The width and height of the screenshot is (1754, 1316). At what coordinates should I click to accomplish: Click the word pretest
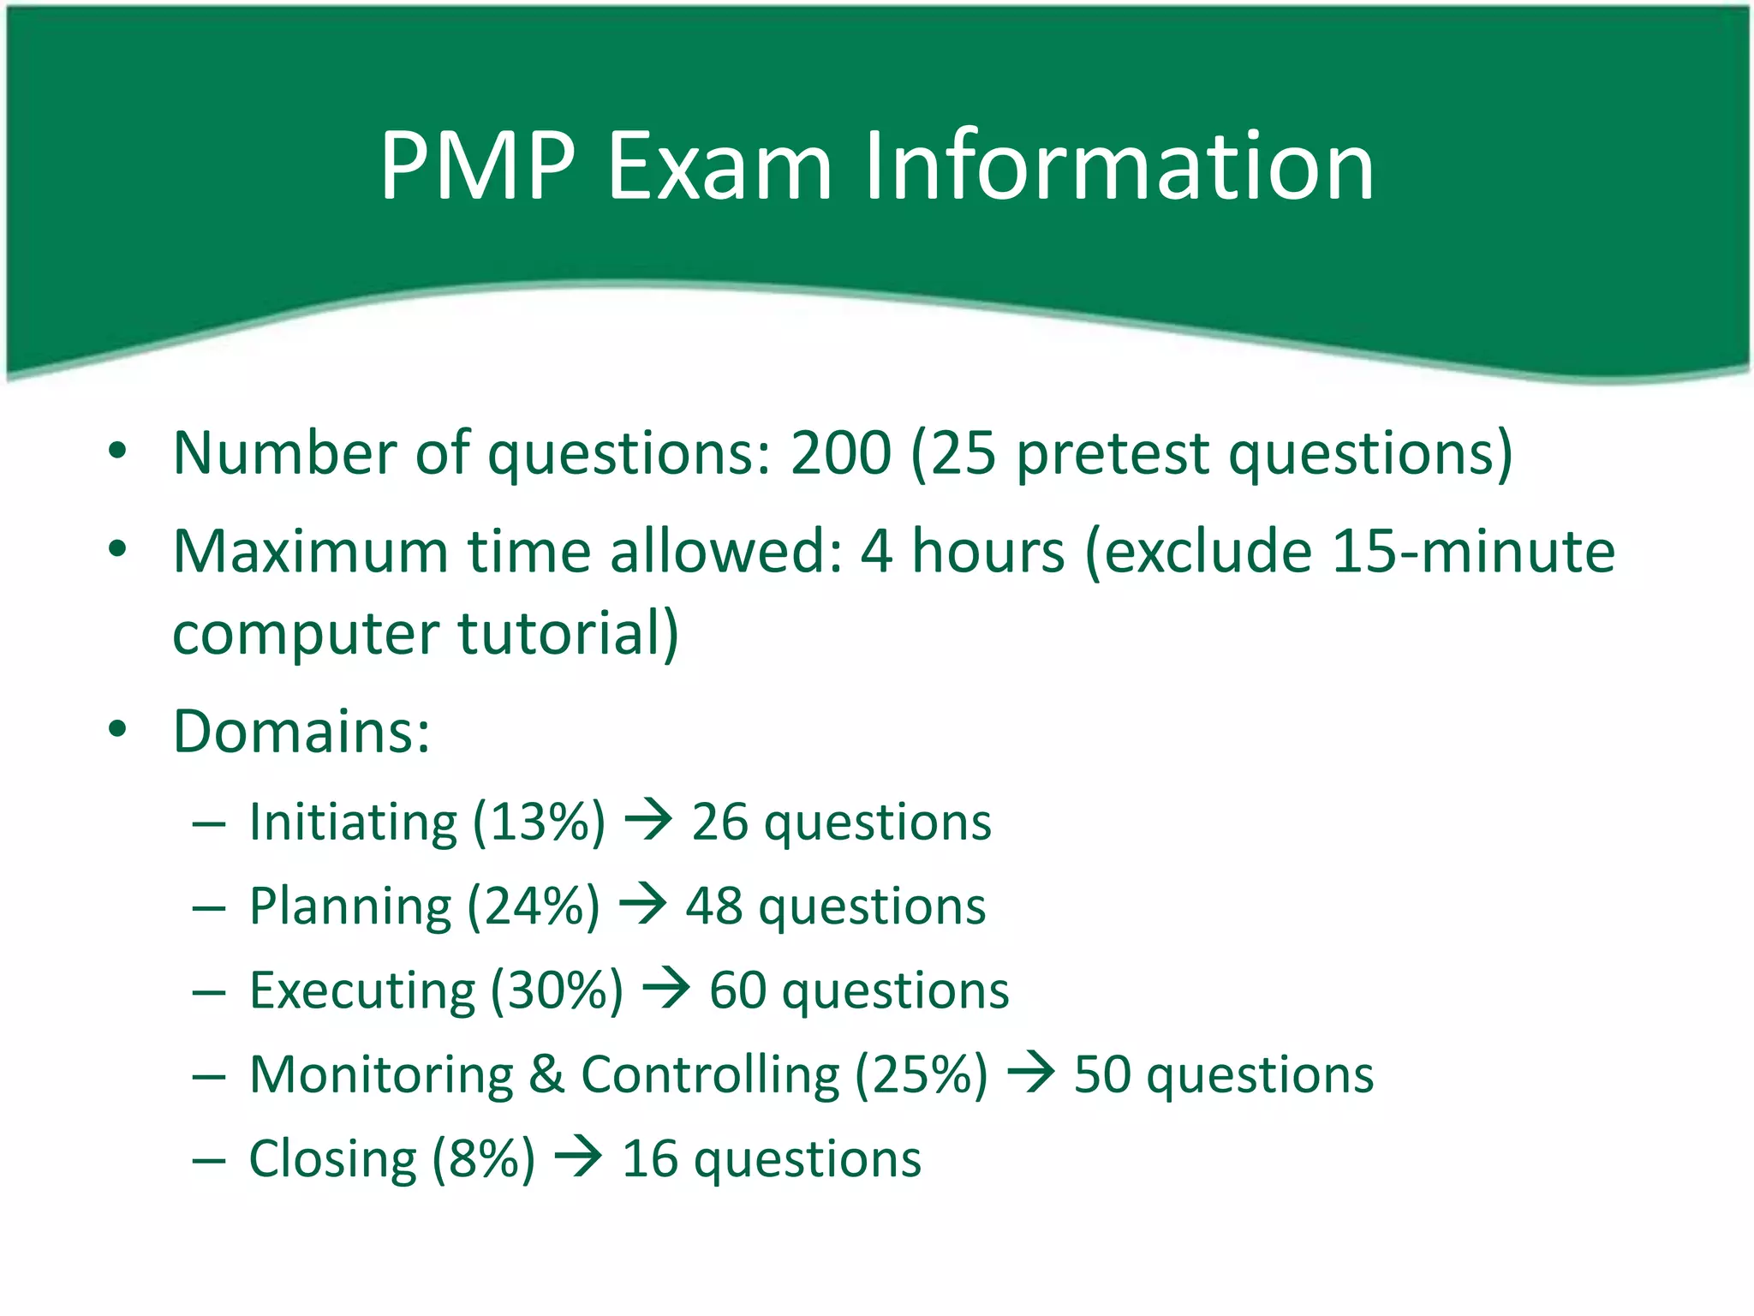coord(1112,454)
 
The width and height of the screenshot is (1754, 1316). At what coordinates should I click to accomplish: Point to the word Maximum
coord(310,551)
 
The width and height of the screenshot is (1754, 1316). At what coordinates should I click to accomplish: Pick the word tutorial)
coord(568,634)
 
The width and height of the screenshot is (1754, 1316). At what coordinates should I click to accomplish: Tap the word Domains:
coord(301,732)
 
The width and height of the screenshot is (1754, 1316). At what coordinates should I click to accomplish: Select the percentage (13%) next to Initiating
coord(539,822)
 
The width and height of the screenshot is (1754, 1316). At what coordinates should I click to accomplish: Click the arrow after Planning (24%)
coord(642,905)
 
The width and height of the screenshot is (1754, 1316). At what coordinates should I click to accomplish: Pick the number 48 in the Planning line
coord(713,906)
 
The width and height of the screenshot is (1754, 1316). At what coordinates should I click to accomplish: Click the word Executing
coord(361,991)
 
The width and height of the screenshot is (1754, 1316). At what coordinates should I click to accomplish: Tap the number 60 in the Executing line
coord(737,991)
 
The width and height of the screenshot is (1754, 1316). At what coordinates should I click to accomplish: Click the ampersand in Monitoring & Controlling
coord(546,1074)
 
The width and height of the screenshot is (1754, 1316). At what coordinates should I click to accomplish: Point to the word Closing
coord(332,1159)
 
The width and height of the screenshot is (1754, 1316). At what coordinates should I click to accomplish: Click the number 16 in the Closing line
coord(649,1159)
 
